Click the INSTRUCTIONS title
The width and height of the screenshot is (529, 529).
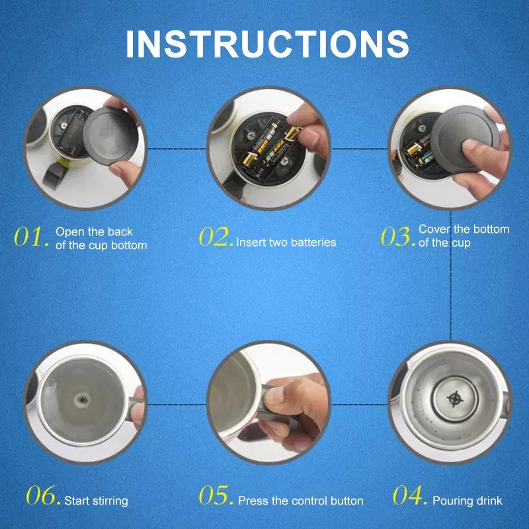pos(267,44)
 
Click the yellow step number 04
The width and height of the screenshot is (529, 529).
pos(410,495)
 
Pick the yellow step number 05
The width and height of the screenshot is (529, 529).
pos(216,495)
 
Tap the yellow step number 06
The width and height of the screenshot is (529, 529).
pos(43,495)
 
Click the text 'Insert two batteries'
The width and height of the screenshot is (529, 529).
pos(286,242)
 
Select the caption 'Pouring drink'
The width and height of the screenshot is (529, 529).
pos(468,501)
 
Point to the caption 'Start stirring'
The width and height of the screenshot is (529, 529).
pos(96,501)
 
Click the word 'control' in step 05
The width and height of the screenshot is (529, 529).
pos(307,501)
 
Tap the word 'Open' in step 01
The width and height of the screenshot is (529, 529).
pos(70,232)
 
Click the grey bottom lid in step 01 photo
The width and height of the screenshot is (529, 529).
pos(110,136)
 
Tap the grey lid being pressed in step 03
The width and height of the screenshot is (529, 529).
pos(465,139)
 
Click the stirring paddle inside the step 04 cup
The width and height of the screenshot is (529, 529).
pos(455,399)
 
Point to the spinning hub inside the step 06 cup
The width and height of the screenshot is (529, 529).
pos(81,400)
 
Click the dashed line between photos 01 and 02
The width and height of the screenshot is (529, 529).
pos(177,148)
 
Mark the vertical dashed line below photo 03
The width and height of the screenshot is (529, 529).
pos(451,275)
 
